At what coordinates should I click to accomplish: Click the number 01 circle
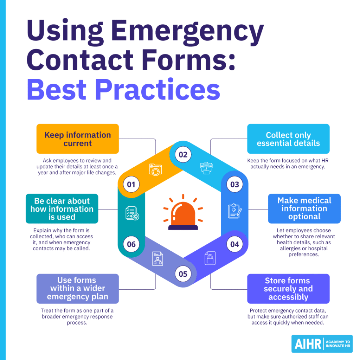pos(131,184)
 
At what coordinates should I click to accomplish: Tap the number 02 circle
pos(183,155)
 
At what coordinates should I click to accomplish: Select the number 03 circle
pos(234,184)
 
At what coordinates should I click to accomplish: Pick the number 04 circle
pos(234,244)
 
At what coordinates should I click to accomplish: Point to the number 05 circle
pos(183,274)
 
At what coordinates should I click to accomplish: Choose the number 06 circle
pos(131,244)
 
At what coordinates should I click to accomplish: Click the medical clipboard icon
pos(234,211)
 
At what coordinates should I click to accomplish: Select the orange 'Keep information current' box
pos(78,139)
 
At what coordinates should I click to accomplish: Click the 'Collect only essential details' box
pos(288,139)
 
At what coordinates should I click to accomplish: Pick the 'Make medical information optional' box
pos(304,208)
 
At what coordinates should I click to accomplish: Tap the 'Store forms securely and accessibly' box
pos(288,289)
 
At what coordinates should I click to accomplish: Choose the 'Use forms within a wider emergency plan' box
pos(78,289)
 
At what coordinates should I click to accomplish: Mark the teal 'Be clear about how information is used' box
pos(62,209)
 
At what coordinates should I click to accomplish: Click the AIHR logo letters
pos(307,344)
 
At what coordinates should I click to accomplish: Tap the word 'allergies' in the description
pos(288,248)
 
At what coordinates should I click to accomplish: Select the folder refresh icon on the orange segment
pos(155,169)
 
